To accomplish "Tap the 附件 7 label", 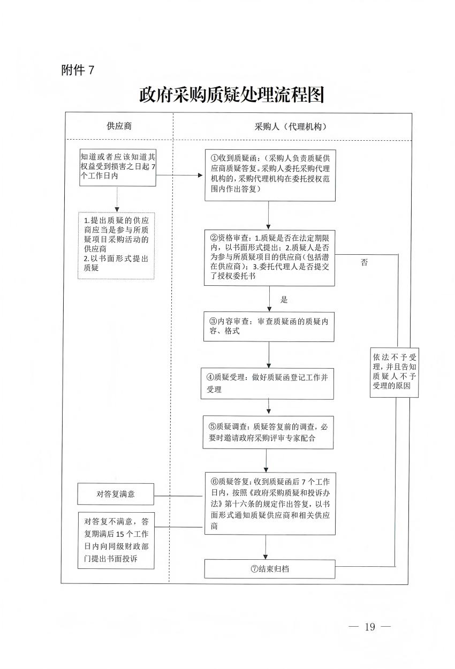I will (78, 70).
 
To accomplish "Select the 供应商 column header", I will (119, 126).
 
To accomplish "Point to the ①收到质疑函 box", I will (270, 174).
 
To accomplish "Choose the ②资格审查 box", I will (269, 257).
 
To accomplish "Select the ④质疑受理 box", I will (268, 383).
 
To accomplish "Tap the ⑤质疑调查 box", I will (268, 432).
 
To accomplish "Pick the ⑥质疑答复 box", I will (269, 503).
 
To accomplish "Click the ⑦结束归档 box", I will (269, 569).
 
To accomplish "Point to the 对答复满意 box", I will (116, 494).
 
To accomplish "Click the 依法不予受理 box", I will (394, 373).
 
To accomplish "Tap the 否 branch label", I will (364, 263).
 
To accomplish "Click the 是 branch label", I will (284, 300).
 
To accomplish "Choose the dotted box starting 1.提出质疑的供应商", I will (116, 245).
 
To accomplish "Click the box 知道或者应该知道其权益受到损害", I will (118, 168).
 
